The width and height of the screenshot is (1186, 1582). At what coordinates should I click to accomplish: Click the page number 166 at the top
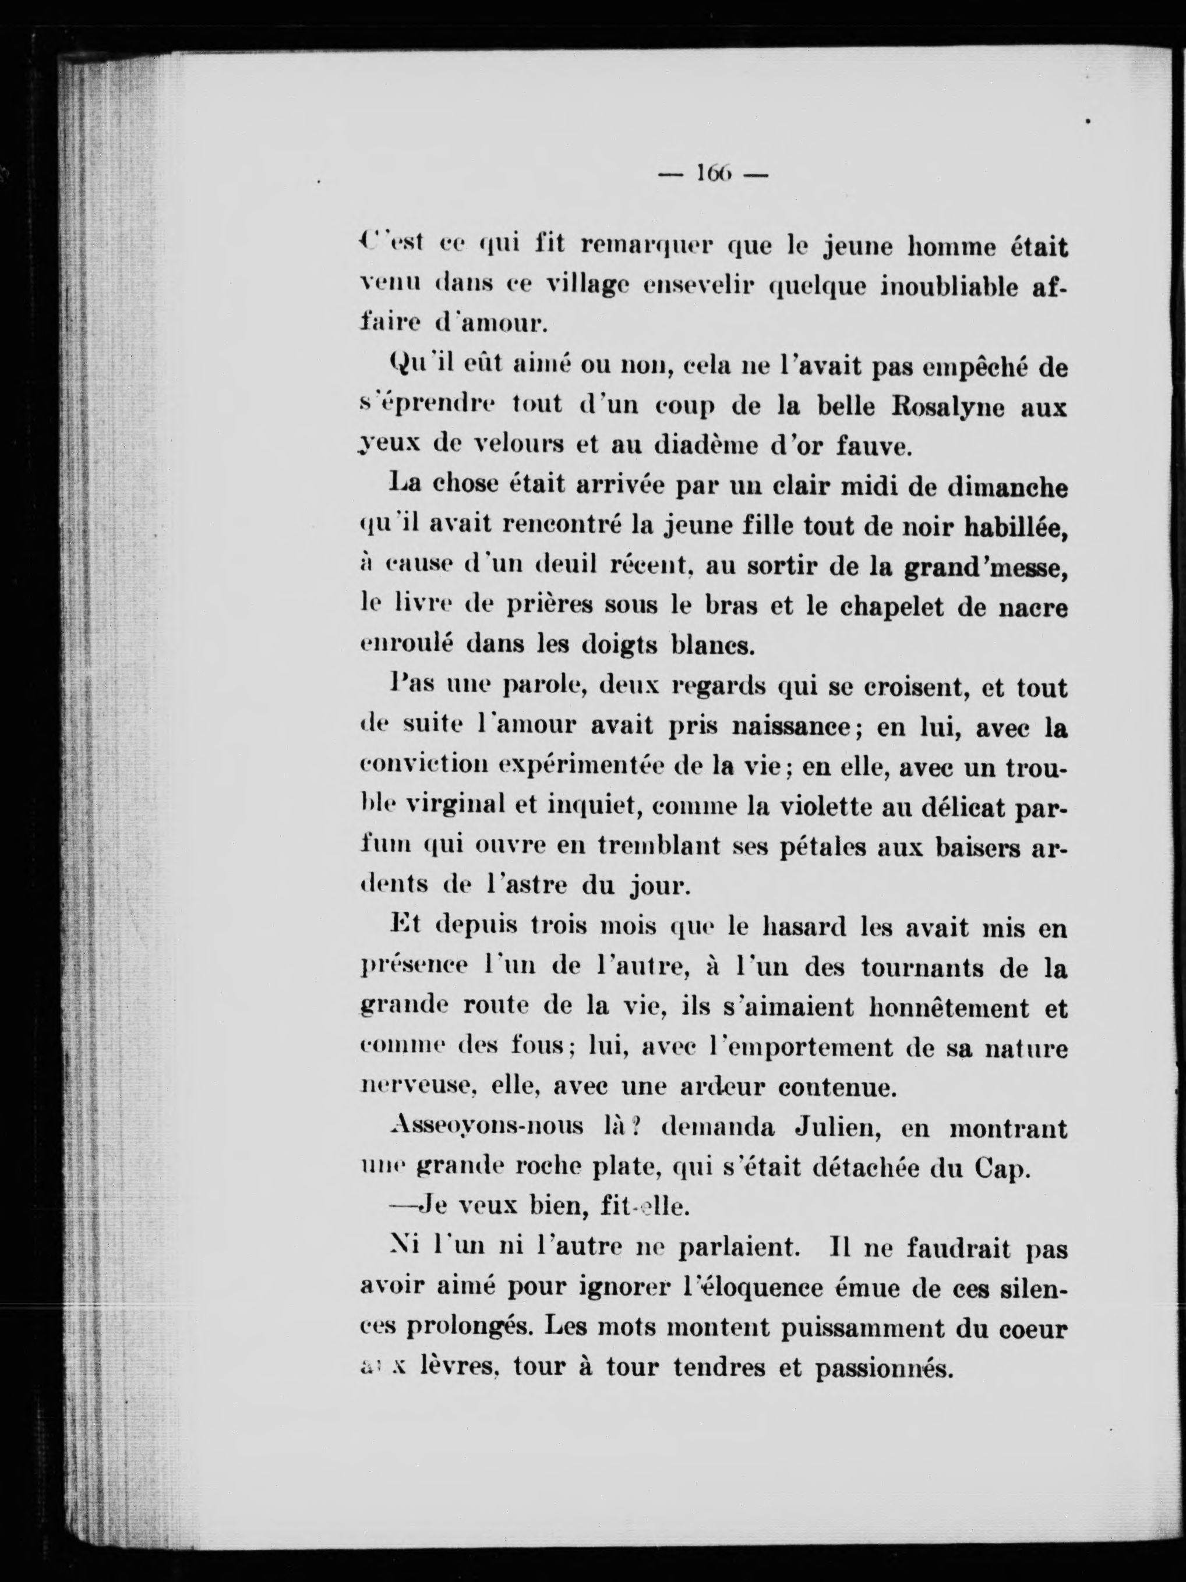pyautogui.click(x=712, y=174)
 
